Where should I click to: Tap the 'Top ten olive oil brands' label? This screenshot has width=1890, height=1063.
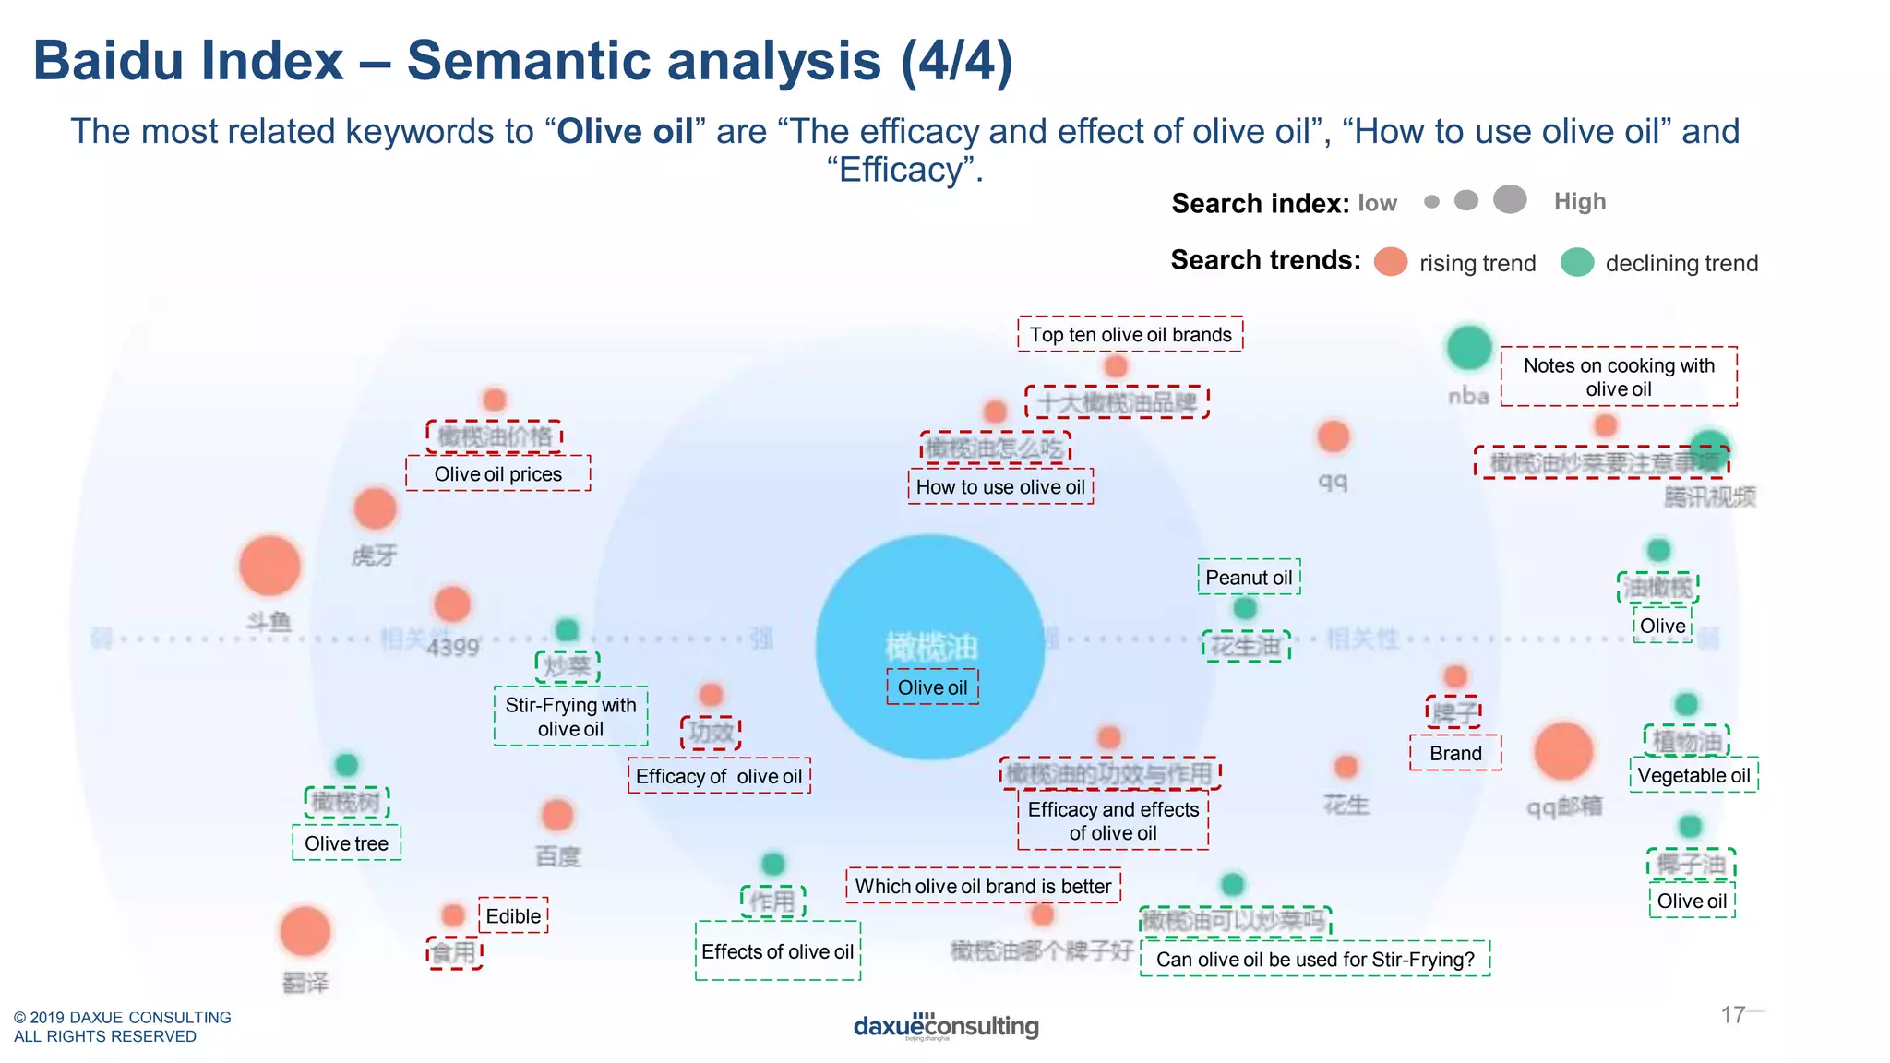1130,334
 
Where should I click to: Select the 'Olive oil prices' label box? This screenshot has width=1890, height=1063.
497,473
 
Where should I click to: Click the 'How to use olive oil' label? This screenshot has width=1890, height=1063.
1000,486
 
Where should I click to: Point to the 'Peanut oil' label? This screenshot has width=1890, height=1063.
1249,577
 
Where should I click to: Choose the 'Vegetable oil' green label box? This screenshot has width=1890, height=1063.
1693,775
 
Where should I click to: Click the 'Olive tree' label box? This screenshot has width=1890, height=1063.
346,843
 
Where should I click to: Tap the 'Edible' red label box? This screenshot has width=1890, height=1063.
513,915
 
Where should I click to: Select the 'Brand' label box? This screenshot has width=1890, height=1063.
1455,753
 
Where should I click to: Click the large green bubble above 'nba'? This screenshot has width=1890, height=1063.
1468,348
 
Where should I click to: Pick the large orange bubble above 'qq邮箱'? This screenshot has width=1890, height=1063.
1563,751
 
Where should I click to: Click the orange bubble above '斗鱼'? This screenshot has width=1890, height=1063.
269,565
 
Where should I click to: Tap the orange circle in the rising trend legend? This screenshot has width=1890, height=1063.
1391,262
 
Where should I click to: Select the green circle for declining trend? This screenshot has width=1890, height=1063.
1577,262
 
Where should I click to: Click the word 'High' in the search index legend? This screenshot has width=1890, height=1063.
1580,201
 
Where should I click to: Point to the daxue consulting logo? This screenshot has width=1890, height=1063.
946,1026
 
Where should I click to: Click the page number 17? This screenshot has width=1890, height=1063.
1732,1015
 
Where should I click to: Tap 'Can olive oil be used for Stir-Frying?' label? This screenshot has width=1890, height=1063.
1315,959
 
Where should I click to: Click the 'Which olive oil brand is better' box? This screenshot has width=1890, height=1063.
983,886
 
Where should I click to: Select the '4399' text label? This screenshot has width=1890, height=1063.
452,648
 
